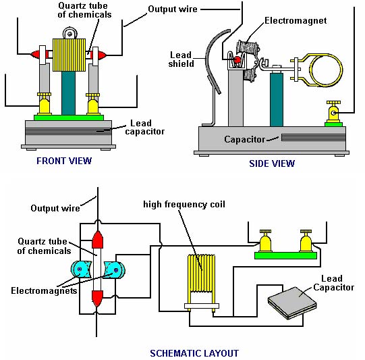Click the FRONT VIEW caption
coord(64,161)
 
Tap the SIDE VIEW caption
coord(272,163)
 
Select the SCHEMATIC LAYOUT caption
coord(194,353)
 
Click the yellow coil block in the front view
coord(69,55)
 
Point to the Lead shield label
coord(181,59)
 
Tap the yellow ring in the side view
coord(326,70)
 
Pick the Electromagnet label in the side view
coord(296,20)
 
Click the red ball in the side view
coord(237,59)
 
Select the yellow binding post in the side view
coord(333,112)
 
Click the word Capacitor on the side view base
coord(244,139)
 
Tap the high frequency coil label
coord(184,205)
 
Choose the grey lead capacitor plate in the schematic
coord(292,303)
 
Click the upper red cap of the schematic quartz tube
coord(98,240)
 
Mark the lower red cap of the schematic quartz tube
coord(98,299)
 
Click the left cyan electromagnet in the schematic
coord(81,269)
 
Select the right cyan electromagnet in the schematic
coord(115,270)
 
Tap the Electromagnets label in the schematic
coord(44,290)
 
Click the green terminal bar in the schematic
coord(285,255)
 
